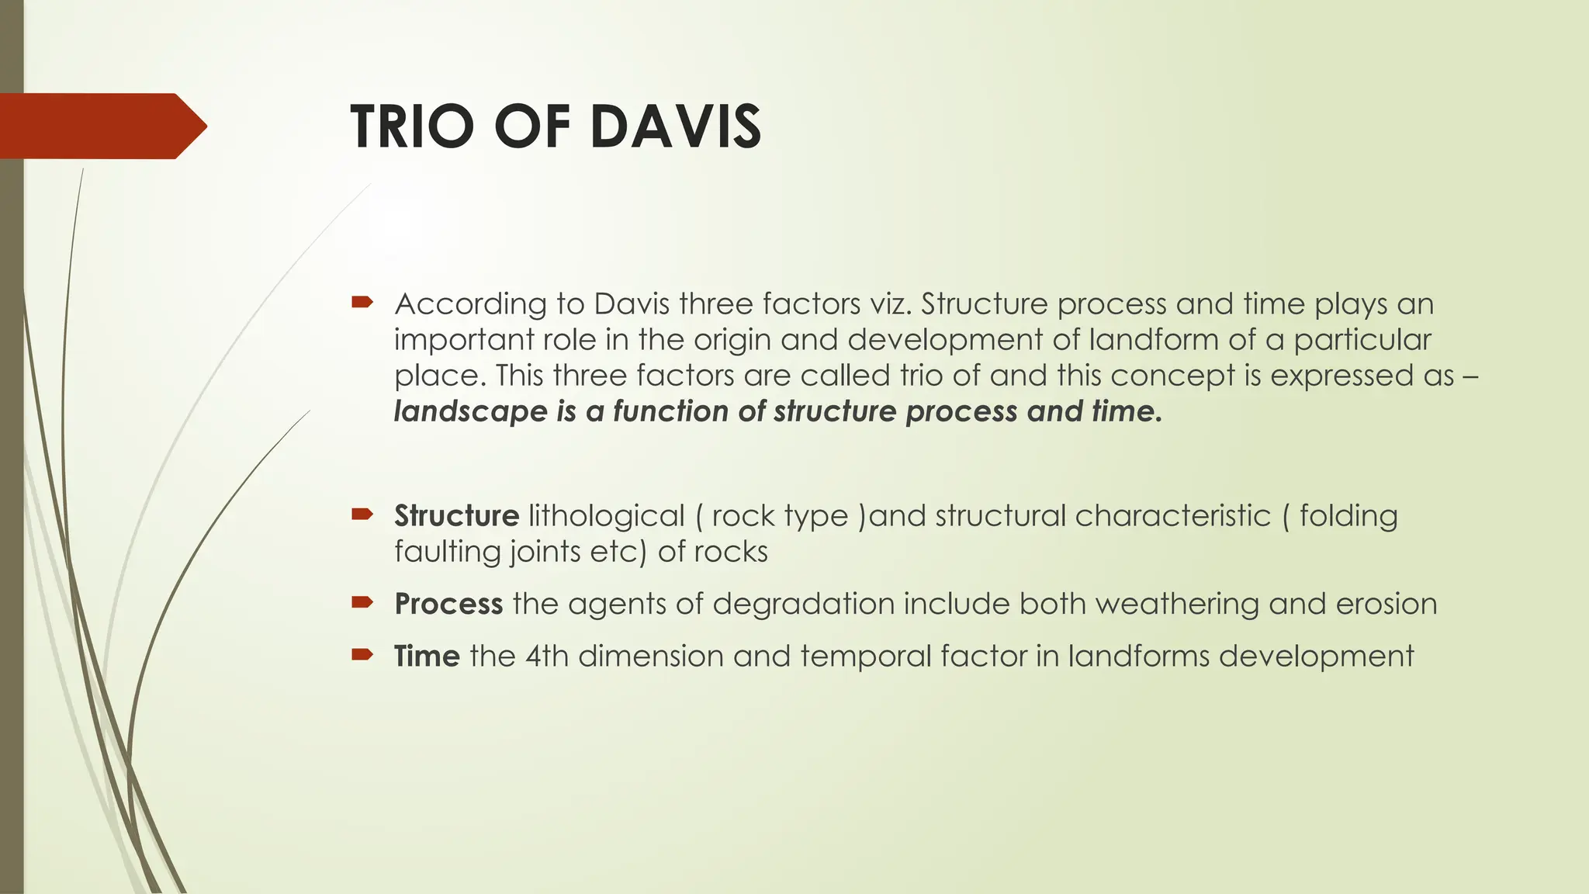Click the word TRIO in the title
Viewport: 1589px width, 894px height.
click(411, 126)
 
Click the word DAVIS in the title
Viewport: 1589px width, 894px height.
click(675, 126)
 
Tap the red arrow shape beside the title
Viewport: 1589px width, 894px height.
click(101, 126)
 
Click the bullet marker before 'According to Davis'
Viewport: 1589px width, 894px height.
click(362, 301)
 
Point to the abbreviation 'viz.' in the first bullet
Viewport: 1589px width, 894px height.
click(890, 303)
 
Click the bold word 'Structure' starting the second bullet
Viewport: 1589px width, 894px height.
click(456, 515)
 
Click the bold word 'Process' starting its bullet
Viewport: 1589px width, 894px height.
click(448, 604)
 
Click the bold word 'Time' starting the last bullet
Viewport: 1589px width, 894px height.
click(427, 656)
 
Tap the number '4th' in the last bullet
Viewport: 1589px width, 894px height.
click(547, 656)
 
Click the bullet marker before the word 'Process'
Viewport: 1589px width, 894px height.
click(362, 601)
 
